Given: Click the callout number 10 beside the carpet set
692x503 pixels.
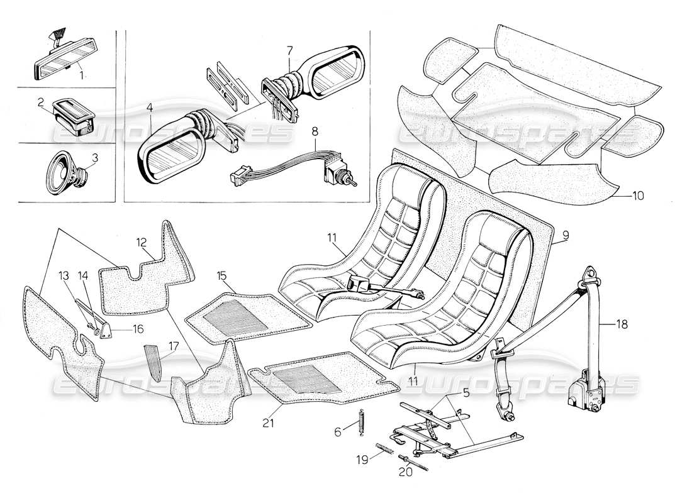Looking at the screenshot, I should click(x=638, y=196).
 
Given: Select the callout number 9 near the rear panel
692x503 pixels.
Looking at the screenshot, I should click(x=565, y=236).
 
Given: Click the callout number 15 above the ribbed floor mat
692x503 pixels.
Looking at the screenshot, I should click(x=221, y=275).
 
